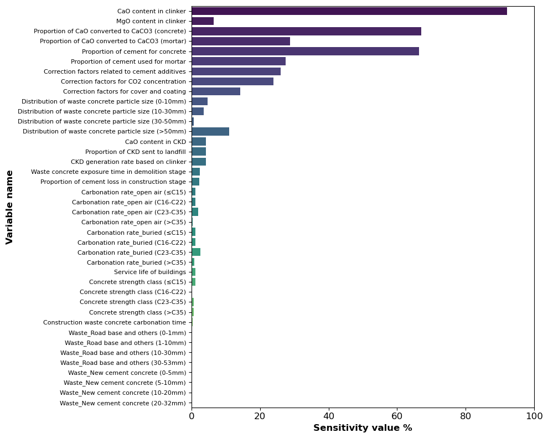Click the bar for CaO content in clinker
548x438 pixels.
349,11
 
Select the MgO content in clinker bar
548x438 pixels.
203,21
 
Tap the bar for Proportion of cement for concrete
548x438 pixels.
305,51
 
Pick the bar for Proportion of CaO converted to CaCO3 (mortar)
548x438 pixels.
241,41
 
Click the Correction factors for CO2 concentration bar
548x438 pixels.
232,81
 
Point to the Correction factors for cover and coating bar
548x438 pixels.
216,91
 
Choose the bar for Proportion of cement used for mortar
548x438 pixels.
239,61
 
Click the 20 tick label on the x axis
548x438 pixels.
260,415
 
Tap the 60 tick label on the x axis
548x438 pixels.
397,415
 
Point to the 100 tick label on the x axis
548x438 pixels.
534,415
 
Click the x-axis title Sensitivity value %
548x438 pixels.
363,428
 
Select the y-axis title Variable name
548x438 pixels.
9,207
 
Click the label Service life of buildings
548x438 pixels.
150,272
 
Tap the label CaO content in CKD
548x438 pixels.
156,142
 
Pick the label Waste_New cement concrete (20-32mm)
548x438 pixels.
123,403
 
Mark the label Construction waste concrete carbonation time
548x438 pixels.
115,322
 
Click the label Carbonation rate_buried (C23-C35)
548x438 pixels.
132,252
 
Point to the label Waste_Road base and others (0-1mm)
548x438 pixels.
127,333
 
